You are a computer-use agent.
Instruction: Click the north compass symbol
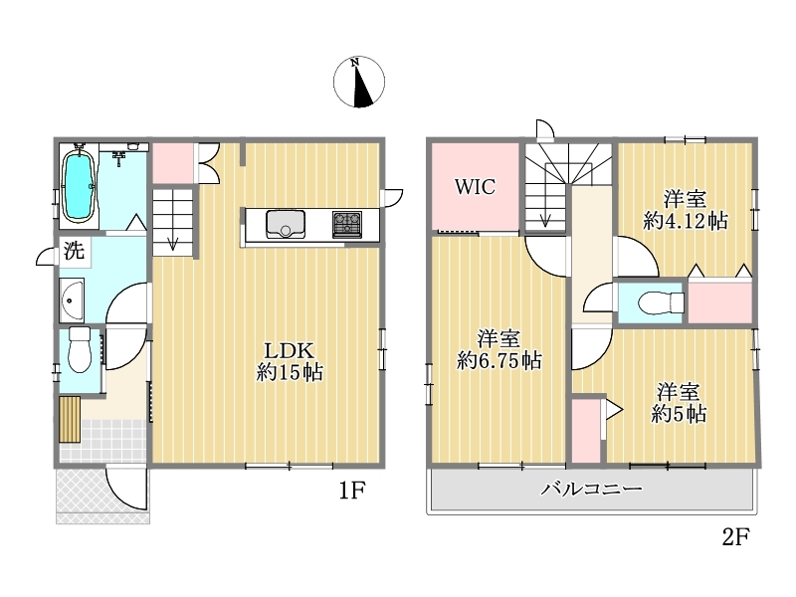point(359,83)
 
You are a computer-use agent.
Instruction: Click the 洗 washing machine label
point(74,251)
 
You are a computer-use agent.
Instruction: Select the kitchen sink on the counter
point(286,225)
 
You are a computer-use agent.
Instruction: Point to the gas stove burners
point(347,225)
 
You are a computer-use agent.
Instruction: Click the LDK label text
point(289,350)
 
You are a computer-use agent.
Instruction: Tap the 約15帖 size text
point(290,372)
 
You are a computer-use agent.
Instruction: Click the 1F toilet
point(80,349)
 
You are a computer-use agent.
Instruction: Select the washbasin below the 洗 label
point(72,300)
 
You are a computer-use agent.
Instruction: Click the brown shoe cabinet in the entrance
point(70,420)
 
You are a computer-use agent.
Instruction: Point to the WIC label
point(475,187)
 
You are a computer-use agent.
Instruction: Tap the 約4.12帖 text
point(686,221)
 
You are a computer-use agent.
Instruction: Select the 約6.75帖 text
point(499,361)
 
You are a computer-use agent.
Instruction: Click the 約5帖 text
point(679,414)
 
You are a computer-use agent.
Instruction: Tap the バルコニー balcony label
point(591,489)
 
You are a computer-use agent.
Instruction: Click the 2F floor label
point(736,536)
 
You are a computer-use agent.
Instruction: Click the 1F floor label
point(352,491)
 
